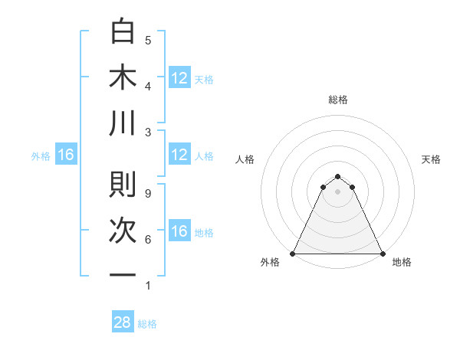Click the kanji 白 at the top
pyautogui.click(x=123, y=31)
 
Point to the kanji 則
pyautogui.click(x=123, y=184)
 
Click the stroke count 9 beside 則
pyautogui.click(x=147, y=193)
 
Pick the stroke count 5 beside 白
pyautogui.click(x=147, y=40)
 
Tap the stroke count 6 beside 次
pyautogui.click(x=147, y=240)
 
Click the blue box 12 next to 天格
pyautogui.click(x=179, y=77)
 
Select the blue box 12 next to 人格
pyautogui.click(x=179, y=155)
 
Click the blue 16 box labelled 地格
pyautogui.click(x=179, y=231)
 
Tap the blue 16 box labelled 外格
pyautogui.click(x=65, y=155)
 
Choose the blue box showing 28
pyautogui.click(x=123, y=322)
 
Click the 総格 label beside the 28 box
pyautogui.click(x=147, y=324)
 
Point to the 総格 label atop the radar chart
pyautogui.click(x=338, y=100)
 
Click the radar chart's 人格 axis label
pyautogui.click(x=245, y=159)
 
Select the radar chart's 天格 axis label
pyautogui.click(x=431, y=159)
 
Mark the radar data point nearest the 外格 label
pyautogui.click(x=293, y=254)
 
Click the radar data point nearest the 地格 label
pyautogui.click(x=383, y=254)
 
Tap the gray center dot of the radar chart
pyautogui.click(x=338, y=191)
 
